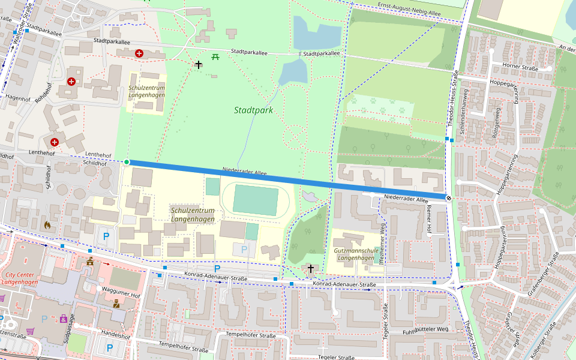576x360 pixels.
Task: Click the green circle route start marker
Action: pos(127,162)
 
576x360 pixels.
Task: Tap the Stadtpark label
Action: pos(253,110)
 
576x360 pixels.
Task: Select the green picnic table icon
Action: pos(215,57)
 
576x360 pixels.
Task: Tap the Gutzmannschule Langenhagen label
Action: pos(353,254)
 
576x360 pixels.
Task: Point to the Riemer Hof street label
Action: pos(428,218)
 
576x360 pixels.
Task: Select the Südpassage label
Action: pos(68,329)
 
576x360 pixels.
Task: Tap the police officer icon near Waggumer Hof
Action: pos(116,304)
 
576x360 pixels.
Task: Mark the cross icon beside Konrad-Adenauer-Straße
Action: pos(311,269)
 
